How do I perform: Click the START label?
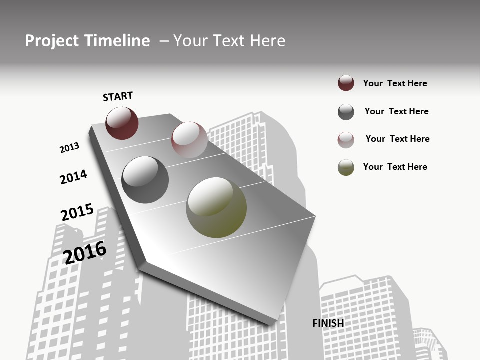118,96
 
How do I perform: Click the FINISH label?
328,323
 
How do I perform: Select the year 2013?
70,148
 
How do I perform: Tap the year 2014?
74,177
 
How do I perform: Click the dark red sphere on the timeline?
122,123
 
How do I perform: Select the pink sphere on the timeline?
189,139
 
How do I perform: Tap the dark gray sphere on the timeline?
145,180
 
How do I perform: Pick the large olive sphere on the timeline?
216,207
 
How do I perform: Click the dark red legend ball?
346,83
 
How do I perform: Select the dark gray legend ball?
346,112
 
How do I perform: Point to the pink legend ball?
346,140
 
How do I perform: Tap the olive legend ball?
346,167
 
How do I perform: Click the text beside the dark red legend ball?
395,83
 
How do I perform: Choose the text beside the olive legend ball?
395,167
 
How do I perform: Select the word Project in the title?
52,41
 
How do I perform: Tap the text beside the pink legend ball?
397,139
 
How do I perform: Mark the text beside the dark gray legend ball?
396,111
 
